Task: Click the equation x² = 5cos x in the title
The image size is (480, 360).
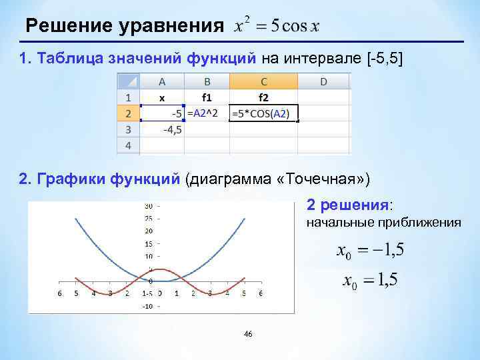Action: point(276,26)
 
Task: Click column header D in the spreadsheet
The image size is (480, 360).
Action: point(323,81)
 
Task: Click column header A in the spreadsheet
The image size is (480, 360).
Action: point(162,81)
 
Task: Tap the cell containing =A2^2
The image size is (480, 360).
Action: point(207,113)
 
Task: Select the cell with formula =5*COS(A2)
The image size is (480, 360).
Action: point(263,113)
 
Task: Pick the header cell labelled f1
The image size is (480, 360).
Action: point(207,97)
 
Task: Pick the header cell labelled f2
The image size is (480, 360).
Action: point(263,97)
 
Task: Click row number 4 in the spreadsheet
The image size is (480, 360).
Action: point(128,145)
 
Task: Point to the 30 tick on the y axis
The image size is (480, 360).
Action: point(148,205)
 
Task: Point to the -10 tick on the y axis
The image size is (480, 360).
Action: point(148,306)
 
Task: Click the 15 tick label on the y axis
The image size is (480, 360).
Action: point(149,243)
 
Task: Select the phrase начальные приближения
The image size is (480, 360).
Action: point(383,223)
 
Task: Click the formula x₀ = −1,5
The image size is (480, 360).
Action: point(370,252)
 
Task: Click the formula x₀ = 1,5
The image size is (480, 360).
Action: point(370,281)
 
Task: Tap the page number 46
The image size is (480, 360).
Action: point(248,333)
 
